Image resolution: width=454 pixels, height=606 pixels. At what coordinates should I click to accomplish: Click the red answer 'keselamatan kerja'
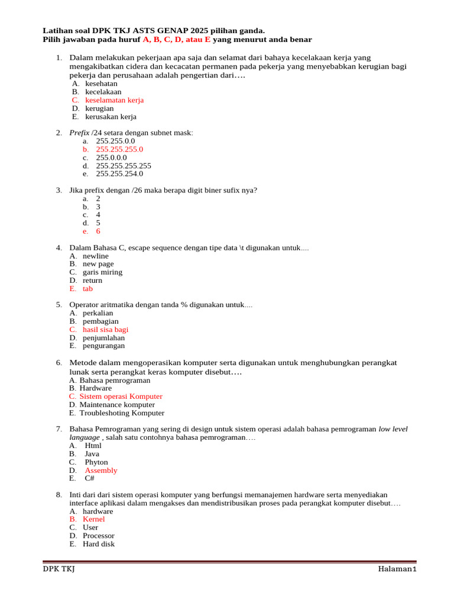[114, 100]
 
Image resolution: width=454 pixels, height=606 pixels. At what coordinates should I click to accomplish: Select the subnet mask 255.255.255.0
[119, 149]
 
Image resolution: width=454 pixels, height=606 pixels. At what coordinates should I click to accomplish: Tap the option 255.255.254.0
[119, 174]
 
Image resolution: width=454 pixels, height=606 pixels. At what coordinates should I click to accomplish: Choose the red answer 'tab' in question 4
[87, 289]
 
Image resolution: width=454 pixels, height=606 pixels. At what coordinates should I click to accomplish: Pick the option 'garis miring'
[102, 272]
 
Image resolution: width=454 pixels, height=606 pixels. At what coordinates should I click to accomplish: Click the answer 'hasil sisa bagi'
[105, 330]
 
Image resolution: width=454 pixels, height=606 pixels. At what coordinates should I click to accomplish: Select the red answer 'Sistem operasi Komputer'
[121, 397]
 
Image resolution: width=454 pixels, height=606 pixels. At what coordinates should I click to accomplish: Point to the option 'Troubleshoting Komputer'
[122, 413]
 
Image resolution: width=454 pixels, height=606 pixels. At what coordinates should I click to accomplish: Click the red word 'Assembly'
[101, 470]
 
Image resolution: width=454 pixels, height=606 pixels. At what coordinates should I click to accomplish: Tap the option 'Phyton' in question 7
[96, 462]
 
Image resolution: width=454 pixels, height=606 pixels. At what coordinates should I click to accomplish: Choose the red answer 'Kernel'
[93, 519]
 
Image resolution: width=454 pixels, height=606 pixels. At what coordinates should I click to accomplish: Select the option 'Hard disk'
[99, 544]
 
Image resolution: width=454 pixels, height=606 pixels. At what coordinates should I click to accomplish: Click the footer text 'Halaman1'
[398, 569]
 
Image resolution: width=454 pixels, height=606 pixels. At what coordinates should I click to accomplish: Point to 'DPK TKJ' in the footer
[59, 569]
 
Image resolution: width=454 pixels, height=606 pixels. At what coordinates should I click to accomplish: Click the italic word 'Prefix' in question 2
[79, 133]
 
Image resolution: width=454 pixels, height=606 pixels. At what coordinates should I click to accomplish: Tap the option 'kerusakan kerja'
[111, 117]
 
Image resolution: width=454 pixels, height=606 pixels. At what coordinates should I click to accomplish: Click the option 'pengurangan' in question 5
[103, 346]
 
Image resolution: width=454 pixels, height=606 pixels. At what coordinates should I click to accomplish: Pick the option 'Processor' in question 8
[99, 536]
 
